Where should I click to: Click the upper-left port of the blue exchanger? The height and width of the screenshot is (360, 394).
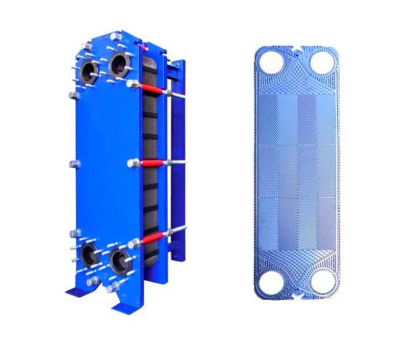[x=90, y=70]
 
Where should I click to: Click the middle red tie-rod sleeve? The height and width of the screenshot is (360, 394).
[x=150, y=163]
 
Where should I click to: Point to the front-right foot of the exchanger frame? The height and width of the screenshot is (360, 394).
[x=125, y=305]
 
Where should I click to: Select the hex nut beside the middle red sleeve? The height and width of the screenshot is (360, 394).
[x=133, y=163]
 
